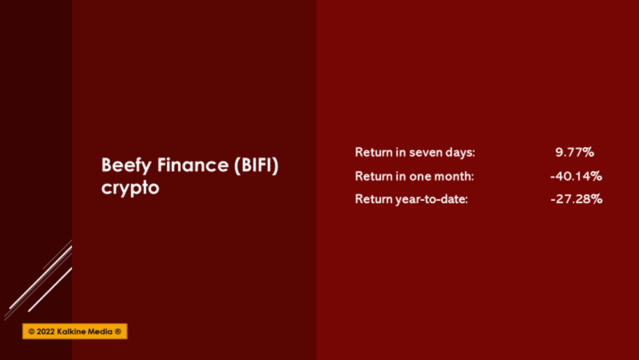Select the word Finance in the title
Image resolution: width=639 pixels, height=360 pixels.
point(193,165)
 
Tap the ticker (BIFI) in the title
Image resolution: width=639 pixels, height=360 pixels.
point(256,166)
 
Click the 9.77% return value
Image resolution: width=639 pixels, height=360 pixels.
point(574,152)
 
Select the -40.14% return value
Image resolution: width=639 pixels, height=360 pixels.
point(576,176)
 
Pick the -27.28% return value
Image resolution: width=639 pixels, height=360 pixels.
point(576,199)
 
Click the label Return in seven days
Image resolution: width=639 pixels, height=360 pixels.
point(415,152)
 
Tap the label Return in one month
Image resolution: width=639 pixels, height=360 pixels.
point(415,176)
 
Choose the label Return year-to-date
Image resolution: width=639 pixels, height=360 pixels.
point(411,200)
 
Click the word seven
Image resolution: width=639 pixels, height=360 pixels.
point(424,153)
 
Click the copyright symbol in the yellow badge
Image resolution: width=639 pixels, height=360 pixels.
point(31,331)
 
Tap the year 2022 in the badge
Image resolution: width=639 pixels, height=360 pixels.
point(45,331)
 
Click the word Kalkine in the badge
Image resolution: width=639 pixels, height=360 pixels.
point(72,331)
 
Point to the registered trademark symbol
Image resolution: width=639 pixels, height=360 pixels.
point(118,331)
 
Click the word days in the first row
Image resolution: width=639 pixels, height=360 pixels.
point(458,153)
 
